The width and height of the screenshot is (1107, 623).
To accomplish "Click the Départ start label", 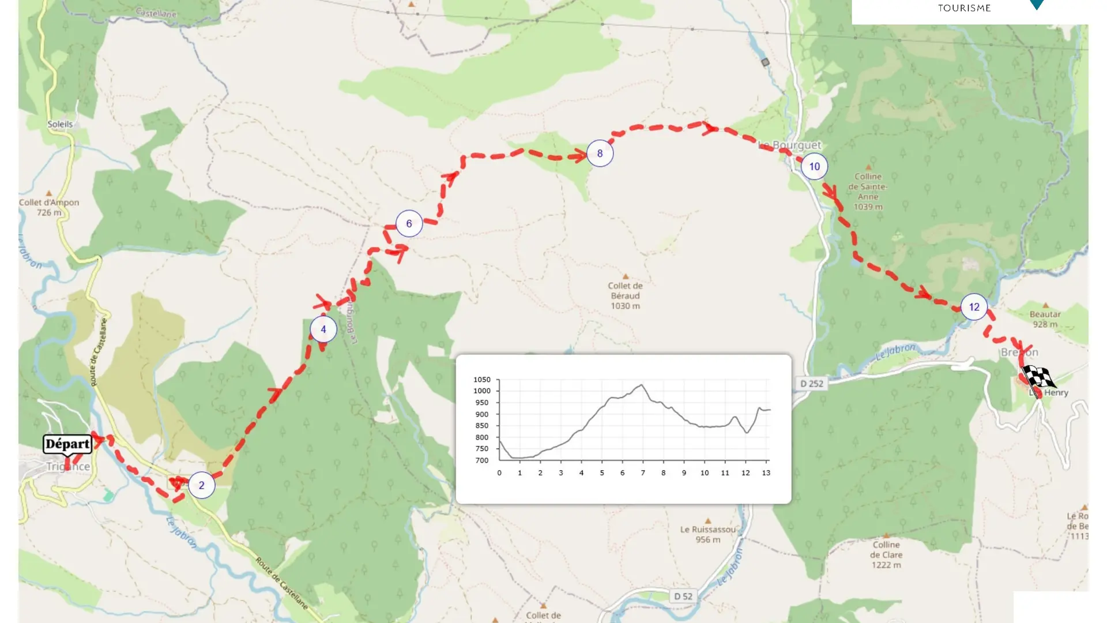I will (x=67, y=444).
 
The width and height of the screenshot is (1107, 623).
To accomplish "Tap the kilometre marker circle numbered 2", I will (x=201, y=485).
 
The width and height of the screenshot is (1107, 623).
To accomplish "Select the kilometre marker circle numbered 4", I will (x=323, y=329).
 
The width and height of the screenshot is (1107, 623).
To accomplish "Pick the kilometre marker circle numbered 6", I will (x=409, y=224).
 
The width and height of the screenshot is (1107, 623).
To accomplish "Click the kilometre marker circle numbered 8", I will (x=600, y=153).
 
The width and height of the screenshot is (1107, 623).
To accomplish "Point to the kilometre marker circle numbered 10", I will (x=814, y=167).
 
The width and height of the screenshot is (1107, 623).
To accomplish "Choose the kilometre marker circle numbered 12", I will (x=974, y=307).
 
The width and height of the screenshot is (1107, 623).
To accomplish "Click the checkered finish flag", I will (x=1039, y=378).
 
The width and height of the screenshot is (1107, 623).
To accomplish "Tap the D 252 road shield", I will (x=812, y=384).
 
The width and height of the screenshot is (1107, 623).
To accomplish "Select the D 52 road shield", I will (x=683, y=596).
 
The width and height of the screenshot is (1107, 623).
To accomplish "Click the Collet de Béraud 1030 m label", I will (x=625, y=295).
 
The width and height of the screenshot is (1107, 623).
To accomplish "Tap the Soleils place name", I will (x=60, y=124).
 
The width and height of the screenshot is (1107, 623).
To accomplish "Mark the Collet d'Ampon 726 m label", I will (x=49, y=207).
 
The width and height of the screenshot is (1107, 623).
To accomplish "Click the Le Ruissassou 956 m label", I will (x=708, y=534).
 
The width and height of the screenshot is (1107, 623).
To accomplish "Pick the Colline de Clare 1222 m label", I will (x=886, y=554).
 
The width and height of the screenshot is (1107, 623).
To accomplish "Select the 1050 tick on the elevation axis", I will (x=482, y=380).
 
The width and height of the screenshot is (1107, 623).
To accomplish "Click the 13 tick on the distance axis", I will (x=766, y=473).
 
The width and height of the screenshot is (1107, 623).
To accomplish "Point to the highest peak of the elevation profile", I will (x=642, y=385).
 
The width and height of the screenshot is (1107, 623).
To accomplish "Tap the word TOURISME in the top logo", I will (x=964, y=8).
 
